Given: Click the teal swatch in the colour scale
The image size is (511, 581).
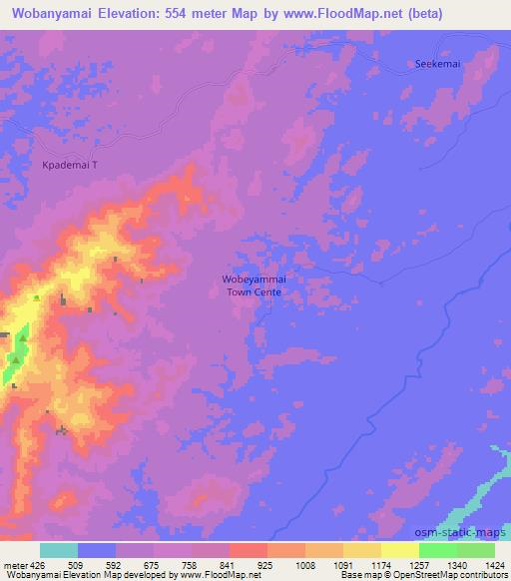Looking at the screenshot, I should tap(59, 549).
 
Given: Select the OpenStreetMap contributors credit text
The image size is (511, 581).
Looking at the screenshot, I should tap(457, 575).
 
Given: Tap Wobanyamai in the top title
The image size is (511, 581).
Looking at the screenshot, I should tap(49, 14).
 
